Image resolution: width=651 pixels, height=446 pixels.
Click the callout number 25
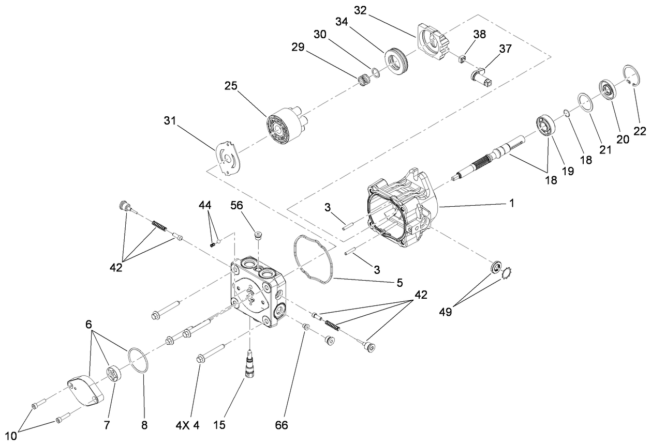point(231,86)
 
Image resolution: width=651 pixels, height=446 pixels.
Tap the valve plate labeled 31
point(228,159)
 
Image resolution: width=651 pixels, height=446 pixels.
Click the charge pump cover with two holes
point(85,390)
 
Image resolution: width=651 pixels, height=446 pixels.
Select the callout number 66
point(282,425)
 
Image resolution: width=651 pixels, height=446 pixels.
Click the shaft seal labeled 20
point(607,91)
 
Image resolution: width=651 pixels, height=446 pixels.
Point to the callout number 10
point(11,436)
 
